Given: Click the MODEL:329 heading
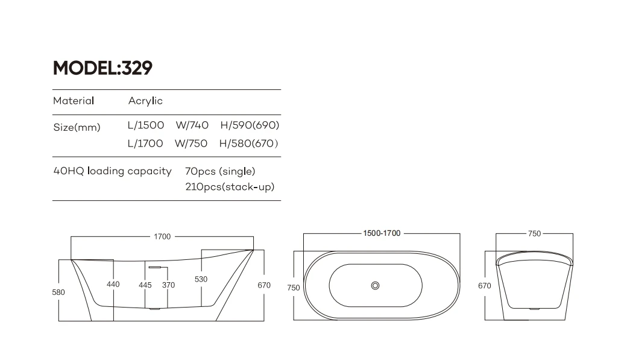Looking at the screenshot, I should [102, 68].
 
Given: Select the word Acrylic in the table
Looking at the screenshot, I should [145, 101].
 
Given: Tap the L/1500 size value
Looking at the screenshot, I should [145, 125].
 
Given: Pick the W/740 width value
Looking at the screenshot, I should [192, 125].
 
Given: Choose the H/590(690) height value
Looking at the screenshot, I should [250, 125].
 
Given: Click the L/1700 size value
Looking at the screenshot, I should [145, 144].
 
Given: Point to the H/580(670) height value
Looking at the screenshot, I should [248, 144].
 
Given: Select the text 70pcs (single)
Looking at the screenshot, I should [221, 171].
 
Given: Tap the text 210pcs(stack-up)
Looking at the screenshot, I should [230, 187].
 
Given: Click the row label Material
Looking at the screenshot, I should [74, 101].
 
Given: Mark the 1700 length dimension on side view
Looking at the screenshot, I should [162, 237].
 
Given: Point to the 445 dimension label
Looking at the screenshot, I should [145, 285].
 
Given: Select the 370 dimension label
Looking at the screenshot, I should [168, 285].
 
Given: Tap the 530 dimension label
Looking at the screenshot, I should [201, 279].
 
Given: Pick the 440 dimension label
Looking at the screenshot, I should [113, 285].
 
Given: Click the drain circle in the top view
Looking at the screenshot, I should [375, 285].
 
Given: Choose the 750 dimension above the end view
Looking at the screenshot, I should [534, 234].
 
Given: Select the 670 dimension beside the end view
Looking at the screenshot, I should [485, 286].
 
